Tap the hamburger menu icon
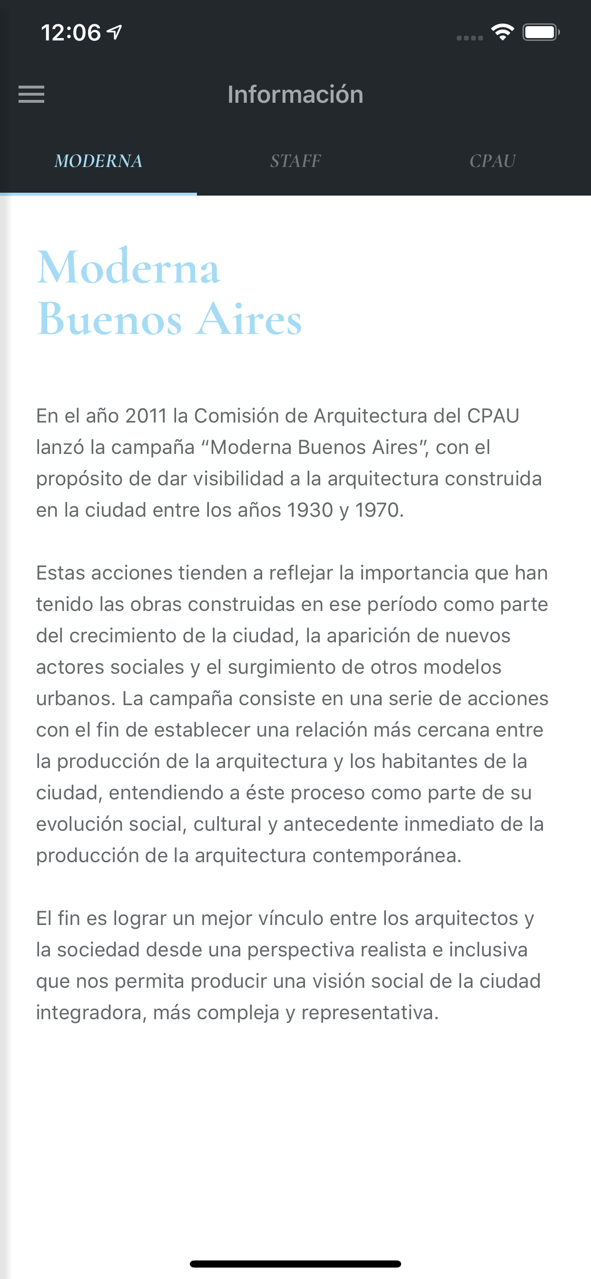pos(31,94)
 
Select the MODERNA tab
pos(98,161)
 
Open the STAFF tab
pos(295,161)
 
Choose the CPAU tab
pos(492,161)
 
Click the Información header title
pos(295,94)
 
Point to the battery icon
pos(541,33)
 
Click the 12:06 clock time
pos(70,33)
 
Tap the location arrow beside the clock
pos(115,32)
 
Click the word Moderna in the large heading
pos(128,268)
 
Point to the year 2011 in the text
pos(146,416)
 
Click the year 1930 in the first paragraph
pos(310,511)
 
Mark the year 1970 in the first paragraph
pos(377,511)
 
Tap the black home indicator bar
pos(295,1264)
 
